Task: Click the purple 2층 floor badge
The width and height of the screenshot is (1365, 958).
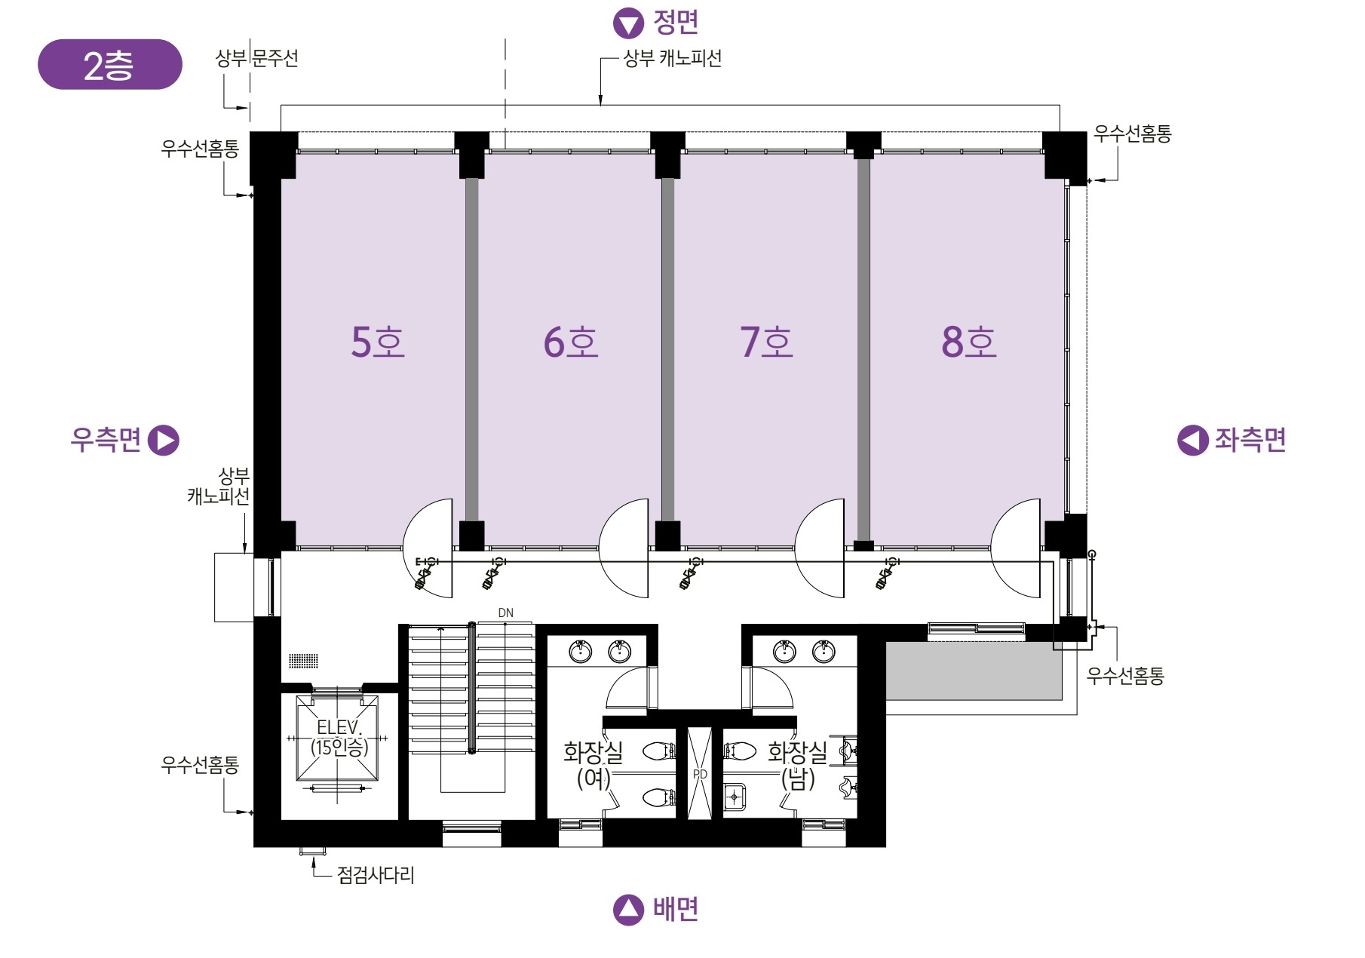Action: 109,65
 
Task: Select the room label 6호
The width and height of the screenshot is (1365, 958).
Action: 571,342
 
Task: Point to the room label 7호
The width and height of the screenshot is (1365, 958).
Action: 766,342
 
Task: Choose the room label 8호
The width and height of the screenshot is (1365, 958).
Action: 969,342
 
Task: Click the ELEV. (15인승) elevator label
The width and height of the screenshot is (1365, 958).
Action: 339,737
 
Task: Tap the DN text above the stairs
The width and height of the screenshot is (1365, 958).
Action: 505,613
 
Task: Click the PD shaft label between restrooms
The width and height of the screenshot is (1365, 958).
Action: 700,774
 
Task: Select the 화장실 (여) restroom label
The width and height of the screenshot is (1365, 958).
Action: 594,764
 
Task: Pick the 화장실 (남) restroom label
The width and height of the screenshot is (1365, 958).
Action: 797,764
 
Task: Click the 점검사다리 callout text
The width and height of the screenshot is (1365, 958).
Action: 376,875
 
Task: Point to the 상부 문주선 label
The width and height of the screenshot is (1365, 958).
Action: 256,58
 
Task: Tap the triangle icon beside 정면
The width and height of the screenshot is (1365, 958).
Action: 628,23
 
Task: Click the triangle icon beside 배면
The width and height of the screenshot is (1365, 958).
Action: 628,910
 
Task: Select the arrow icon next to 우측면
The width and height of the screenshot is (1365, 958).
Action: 164,441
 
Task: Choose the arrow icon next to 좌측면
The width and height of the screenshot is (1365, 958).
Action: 1193,441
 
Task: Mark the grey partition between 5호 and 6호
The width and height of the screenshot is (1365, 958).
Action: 471,349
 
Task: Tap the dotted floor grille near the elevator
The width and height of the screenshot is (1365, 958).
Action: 303,661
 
